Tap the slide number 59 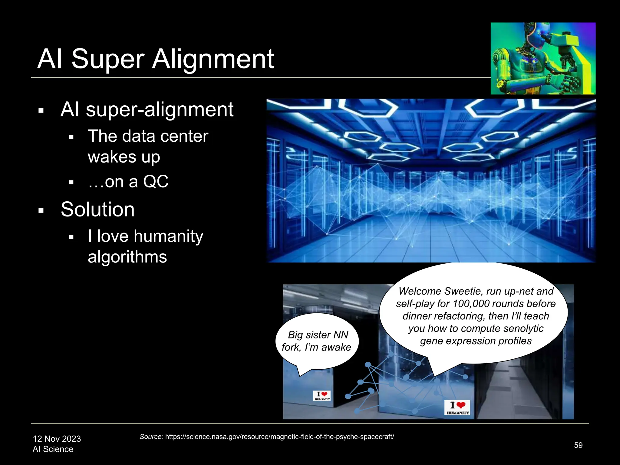578,445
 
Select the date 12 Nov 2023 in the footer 57,439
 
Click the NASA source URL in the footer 279,437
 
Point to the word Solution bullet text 97,209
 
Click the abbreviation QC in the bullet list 156,182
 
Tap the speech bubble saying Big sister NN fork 317,341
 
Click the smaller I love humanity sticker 322,396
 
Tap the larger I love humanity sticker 457,407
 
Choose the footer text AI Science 53,449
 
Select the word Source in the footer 151,437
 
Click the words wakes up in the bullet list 124,157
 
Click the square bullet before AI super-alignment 41,110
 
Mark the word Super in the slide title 108,59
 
